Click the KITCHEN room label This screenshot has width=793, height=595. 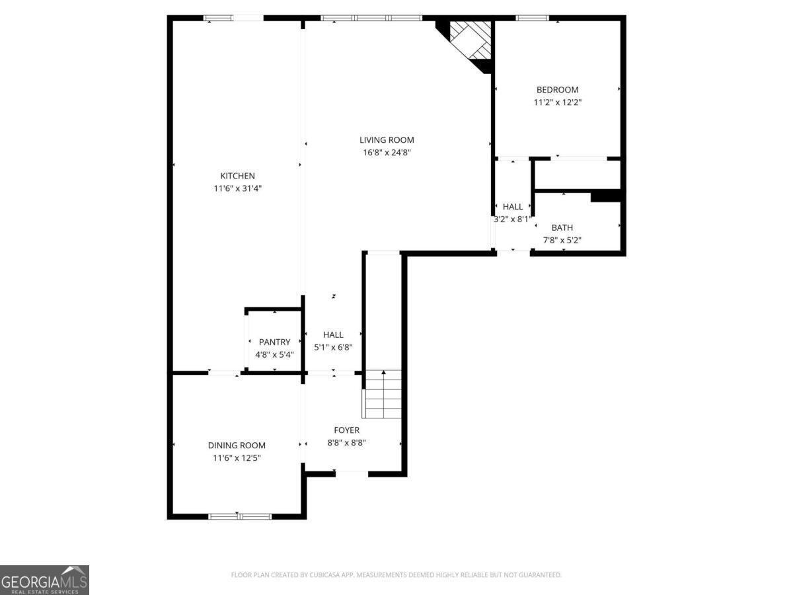[237, 176]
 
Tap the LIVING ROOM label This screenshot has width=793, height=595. [387, 139]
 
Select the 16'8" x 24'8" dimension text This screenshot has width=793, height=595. [387, 153]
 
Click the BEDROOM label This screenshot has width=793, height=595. [557, 90]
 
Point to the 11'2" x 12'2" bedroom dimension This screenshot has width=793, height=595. [557, 102]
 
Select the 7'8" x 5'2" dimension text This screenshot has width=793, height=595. [562, 241]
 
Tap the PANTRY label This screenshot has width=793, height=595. [274, 342]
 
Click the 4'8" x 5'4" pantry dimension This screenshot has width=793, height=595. [274, 355]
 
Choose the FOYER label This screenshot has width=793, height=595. [346, 430]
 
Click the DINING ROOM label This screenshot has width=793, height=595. [237, 446]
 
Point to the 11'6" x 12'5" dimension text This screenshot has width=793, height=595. [237, 458]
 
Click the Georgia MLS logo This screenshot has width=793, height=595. [44, 580]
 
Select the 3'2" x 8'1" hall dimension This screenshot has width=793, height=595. [513, 219]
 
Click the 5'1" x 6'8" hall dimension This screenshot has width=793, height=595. [333, 348]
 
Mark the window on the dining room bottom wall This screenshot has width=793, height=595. [239, 516]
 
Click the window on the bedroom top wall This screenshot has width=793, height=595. [532, 18]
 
